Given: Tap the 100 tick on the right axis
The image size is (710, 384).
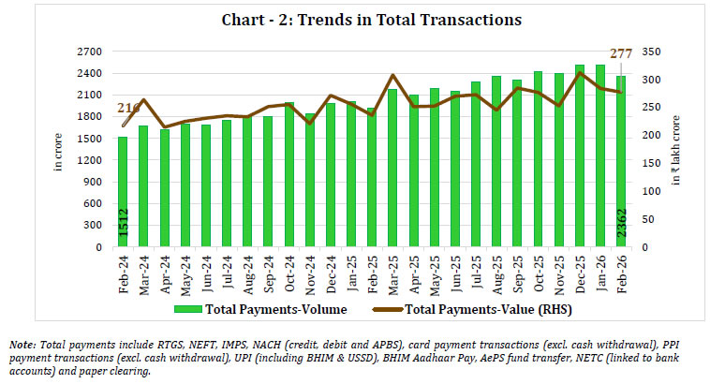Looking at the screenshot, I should click(x=646, y=192).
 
